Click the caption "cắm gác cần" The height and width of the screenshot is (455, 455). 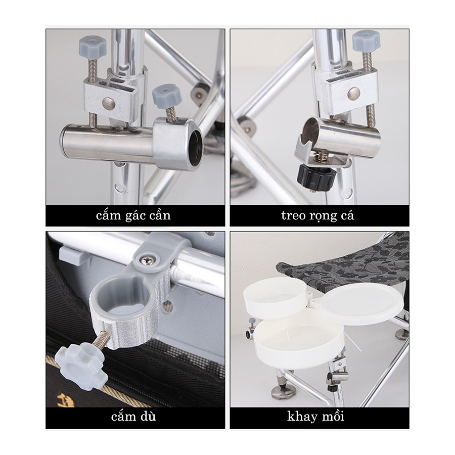pos(133,216)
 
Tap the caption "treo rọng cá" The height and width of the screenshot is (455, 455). pos(318,216)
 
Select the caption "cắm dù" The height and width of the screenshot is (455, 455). pos(133,417)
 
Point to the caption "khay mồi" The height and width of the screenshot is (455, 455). pos(315,417)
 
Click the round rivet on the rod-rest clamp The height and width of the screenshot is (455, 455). pos(110,103)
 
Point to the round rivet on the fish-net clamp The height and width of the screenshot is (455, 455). pos(354,93)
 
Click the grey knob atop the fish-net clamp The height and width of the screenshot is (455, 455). pos(367,41)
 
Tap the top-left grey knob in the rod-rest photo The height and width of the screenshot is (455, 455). pos(93,46)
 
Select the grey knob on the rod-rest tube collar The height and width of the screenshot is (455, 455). pos(166,97)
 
